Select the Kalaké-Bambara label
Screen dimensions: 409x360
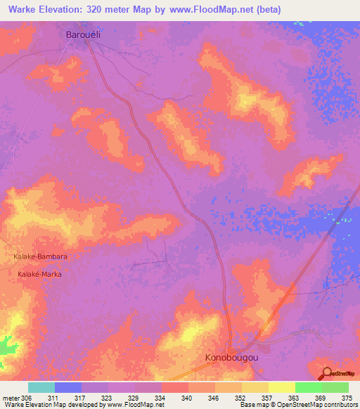tap(40, 257)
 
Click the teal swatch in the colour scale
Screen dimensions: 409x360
tap(41, 387)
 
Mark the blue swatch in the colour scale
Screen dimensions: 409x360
tap(68, 387)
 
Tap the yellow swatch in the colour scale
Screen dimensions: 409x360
tap(281, 387)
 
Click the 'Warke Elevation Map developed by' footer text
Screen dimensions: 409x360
tap(53, 405)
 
